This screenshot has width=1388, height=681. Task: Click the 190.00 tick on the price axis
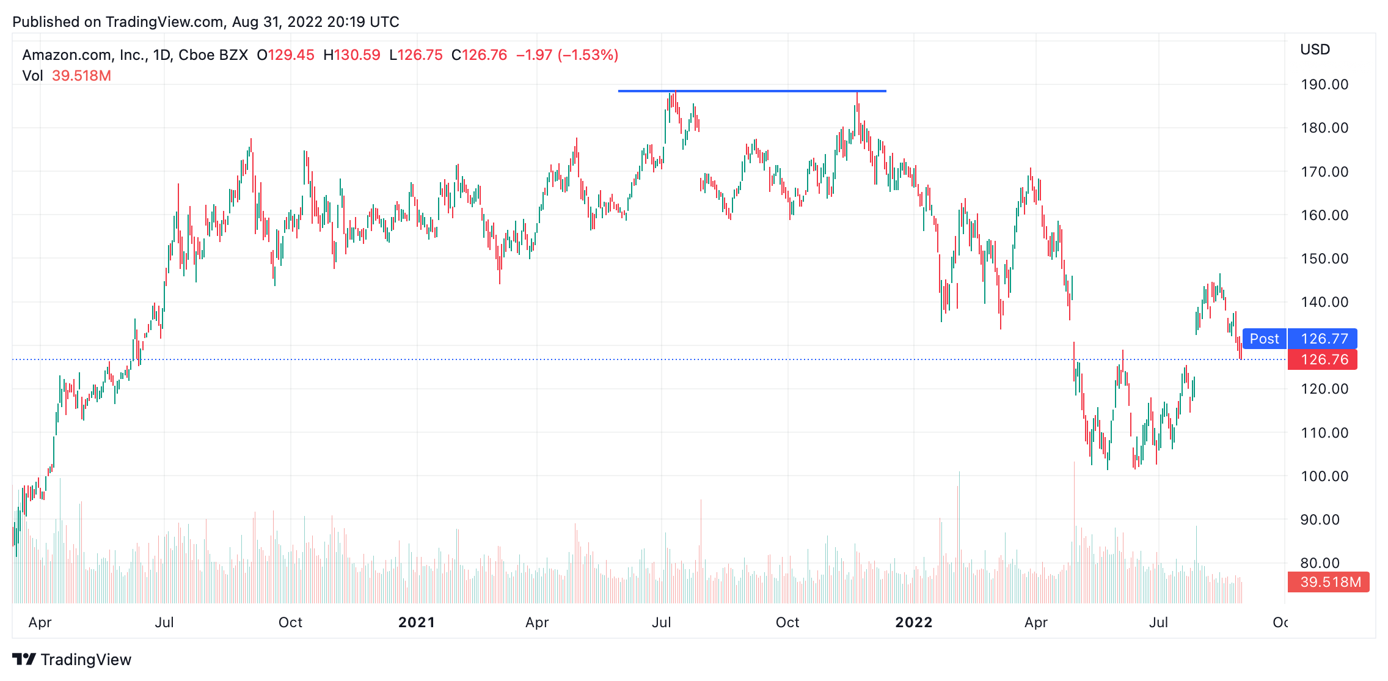pyautogui.click(x=1324, y=84)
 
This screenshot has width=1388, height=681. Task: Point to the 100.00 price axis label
pyautogui.click(x=1324, y=476)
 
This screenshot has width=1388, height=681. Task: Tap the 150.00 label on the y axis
pyautogui.click(x=1324, y=259)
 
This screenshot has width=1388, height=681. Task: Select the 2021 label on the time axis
pyautogui.click(x=417, y=622)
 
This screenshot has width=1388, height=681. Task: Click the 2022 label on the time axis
pyautogui.click(x=914, y=622)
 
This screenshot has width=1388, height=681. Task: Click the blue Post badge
pyautogui.click(x=1265, y=339)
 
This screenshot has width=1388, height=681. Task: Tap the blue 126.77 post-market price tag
pyautogui.click(x=1323, y=339)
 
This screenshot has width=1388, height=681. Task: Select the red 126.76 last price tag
pyautogui.click(x=1323, y=359)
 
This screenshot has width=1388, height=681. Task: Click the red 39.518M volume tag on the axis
pyautogui.click(x=1328, y=582)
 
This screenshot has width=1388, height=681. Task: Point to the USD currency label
pyautogui.click(x=1315, y=50)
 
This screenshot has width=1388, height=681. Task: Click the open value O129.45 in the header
pyautogui.click(x=285, y=55)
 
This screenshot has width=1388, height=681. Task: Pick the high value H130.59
pyautogui.click(x=352, y=55)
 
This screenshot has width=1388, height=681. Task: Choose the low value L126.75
pyautogui.click(x=416, y=55)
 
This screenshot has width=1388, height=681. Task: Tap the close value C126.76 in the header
pyautogui.click(x=480, y=55)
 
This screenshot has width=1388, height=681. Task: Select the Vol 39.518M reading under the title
pyautogui.click(x=67, y=76)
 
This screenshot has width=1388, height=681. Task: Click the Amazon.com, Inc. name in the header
pyautogui.click(x=83, y=55)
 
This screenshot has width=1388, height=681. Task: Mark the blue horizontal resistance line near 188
pyautogui.click(x=752, y=91)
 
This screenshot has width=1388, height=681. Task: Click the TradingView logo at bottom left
pyautogui.click(x=71, y=660)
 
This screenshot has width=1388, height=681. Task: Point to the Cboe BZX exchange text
pyautogui.click(x=213, y=55)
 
